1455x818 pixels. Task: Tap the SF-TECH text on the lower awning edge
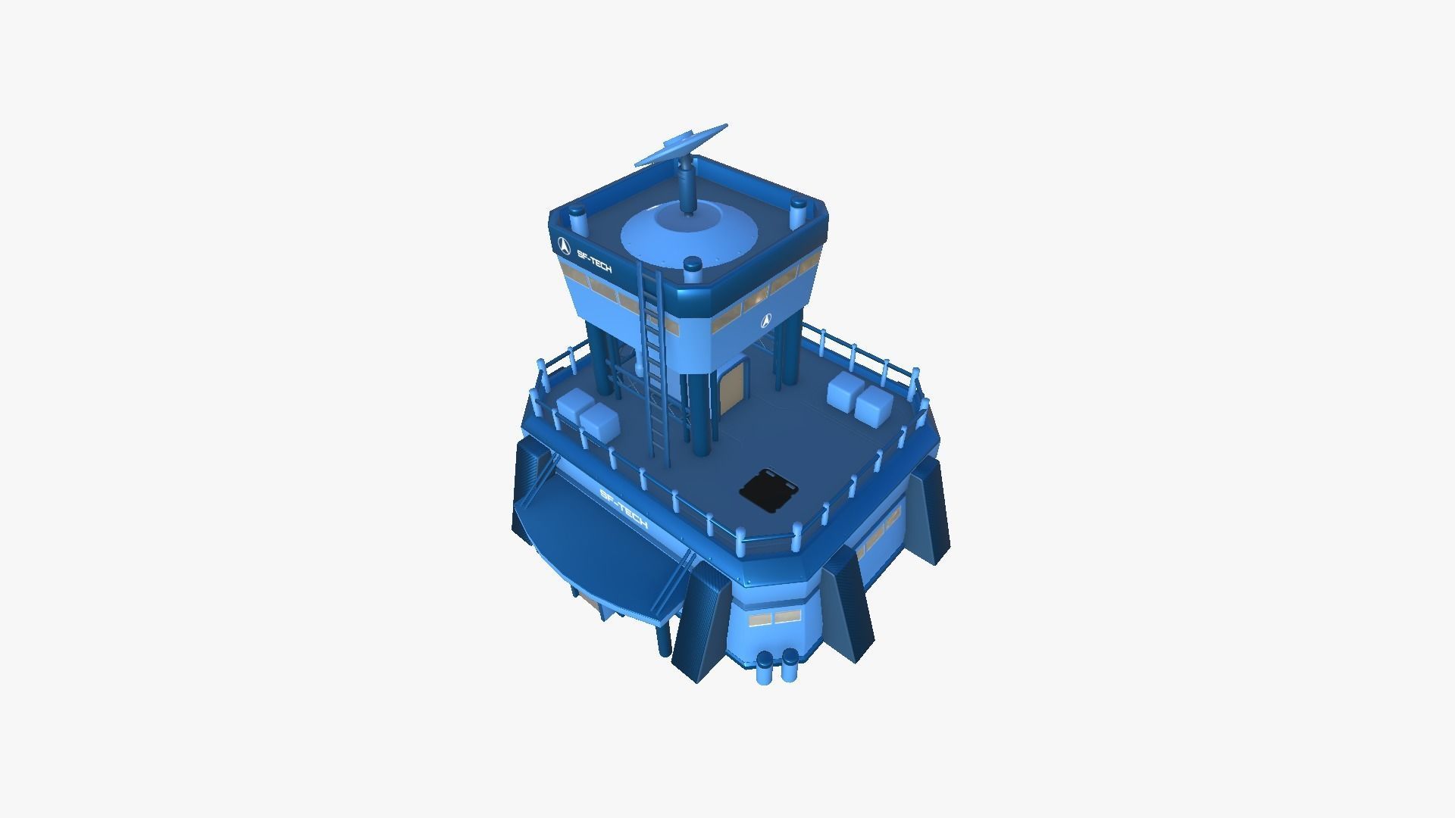point(623,510)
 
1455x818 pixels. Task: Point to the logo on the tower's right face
point(766,320)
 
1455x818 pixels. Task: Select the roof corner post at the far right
point(797,214)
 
